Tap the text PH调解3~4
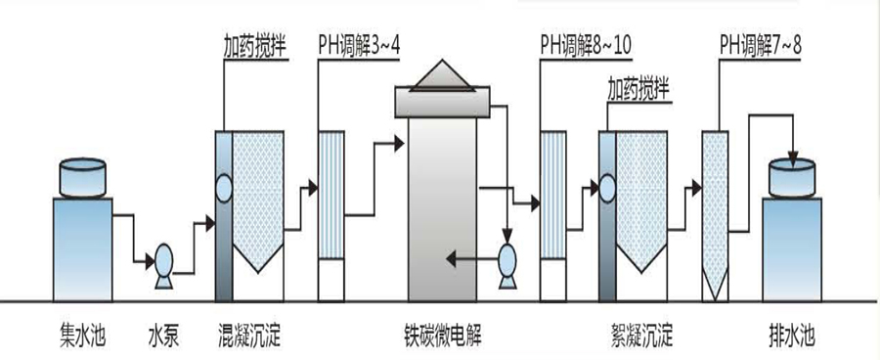(x=359, y=45)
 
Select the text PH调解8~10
(x=585, y=45)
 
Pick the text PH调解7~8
(x=760, y=45)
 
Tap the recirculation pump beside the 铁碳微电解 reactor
(x=507, y=261)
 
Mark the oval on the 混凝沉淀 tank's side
(x=224, y=186)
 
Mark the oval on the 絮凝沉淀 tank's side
(x=606, y=186)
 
